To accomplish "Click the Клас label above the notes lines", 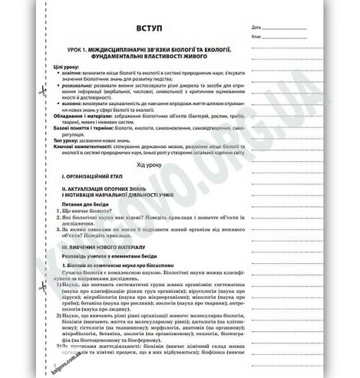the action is coord(255,38).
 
